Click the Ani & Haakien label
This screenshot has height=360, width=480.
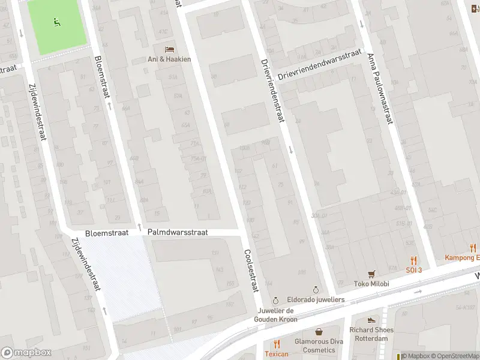[169, 59]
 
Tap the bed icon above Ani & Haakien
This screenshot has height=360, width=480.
[170, 49]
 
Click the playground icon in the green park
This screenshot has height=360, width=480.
[57, 23]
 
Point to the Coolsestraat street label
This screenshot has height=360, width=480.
[250, 271]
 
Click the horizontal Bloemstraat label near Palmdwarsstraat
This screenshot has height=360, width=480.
[106, 232]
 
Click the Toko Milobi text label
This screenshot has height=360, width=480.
[371, 284]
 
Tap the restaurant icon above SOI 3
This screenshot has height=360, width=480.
[413, 260]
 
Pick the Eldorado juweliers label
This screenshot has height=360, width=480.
[316, 299]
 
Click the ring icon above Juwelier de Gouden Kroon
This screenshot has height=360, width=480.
[275, 300]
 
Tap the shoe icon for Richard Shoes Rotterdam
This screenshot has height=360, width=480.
[371, 320]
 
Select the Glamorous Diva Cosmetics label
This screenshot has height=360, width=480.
[318, 346]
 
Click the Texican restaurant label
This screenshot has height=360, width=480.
[277, 354]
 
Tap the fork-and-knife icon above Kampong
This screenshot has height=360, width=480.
[473, 247]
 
